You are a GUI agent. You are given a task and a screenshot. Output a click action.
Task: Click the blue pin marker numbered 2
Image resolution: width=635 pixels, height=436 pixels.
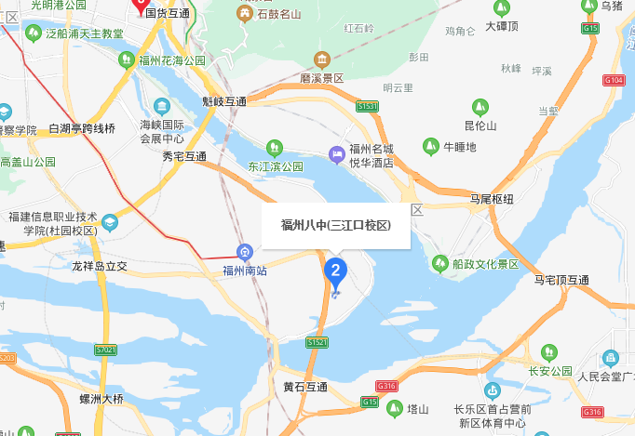[335, 271]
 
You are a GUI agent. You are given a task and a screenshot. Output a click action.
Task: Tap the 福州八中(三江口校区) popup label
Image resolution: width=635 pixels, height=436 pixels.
[335, 226]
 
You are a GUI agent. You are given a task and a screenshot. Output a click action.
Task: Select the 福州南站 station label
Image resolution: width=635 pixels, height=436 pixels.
[244, 271]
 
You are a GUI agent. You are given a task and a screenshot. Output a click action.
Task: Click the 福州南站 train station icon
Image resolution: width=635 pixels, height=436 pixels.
[244, 252]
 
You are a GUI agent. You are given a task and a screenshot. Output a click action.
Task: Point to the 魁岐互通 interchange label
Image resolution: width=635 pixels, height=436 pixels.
[224, 101]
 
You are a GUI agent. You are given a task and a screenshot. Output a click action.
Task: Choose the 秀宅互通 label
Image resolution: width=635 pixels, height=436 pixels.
[183, 156]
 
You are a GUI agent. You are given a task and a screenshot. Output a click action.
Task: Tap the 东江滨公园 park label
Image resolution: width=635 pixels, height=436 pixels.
[275, 166]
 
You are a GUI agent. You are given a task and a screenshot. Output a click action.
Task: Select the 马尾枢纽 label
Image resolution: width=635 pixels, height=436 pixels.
[491, 199]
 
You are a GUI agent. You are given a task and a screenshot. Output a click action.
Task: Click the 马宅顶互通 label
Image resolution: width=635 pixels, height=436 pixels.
[561, 280]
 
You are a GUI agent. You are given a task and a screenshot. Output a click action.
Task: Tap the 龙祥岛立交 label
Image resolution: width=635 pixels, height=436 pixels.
[100, 266]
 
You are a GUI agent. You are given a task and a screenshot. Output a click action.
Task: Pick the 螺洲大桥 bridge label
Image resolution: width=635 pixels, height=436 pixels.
[101, 399]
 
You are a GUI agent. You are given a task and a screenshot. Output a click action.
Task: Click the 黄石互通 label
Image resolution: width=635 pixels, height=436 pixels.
[305, 386]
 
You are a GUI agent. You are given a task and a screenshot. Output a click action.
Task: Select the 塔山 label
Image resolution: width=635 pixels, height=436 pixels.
[418, 408]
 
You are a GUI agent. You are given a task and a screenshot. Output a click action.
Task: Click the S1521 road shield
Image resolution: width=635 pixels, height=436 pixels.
[317, 342]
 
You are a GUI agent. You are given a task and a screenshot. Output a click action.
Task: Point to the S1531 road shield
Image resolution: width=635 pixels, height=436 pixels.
[367, 108]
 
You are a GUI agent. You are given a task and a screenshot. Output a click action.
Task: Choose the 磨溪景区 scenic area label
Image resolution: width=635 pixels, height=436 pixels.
[322, 78]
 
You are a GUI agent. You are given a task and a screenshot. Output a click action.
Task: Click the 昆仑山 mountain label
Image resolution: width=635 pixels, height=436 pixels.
[480, 126]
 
